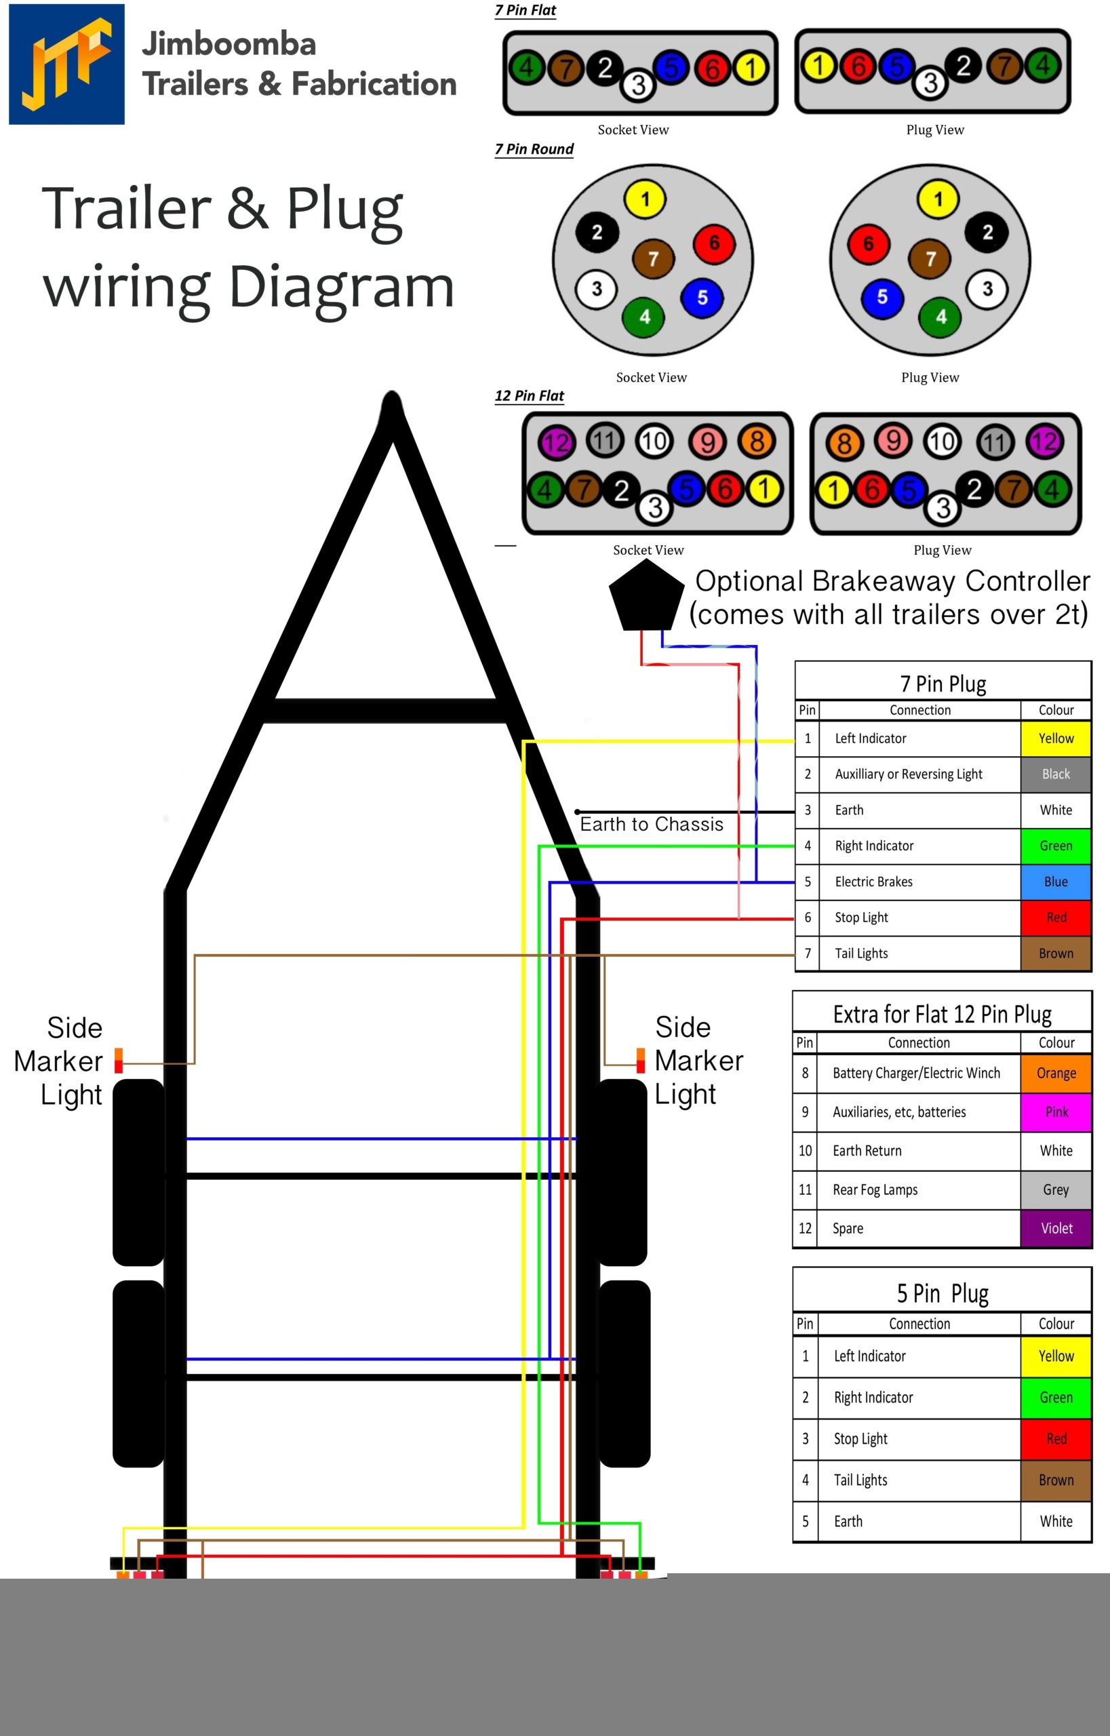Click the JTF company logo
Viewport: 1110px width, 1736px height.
point(66,64)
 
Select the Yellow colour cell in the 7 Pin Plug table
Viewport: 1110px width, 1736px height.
point(1055,738)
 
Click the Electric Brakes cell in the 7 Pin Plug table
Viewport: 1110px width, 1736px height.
point(919,882)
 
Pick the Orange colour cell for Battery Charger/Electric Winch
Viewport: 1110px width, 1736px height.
point(1056,1073)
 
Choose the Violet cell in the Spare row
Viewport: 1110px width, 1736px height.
point(1056,1227)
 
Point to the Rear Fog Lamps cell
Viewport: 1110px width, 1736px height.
point(919,1189)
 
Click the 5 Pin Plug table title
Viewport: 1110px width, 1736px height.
point(942,1293)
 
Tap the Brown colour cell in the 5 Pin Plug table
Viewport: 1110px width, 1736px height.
point(1056,1480)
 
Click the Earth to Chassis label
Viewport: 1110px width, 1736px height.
point(652,824)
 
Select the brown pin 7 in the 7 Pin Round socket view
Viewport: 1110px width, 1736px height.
point(653,259)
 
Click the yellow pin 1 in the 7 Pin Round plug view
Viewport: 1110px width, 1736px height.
point(938,199)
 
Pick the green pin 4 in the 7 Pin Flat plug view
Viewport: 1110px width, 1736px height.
point(1042,66)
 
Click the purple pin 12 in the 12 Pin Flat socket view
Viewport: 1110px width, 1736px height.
point(557,443)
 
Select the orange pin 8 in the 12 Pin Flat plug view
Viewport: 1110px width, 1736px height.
point(844,443)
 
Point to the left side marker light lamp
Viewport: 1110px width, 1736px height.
point(119,1061)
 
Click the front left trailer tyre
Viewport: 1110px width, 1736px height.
point(139,1172)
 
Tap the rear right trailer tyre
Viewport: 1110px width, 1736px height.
point(625,1373)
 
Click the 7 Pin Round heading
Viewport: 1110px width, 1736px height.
point(534,149)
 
